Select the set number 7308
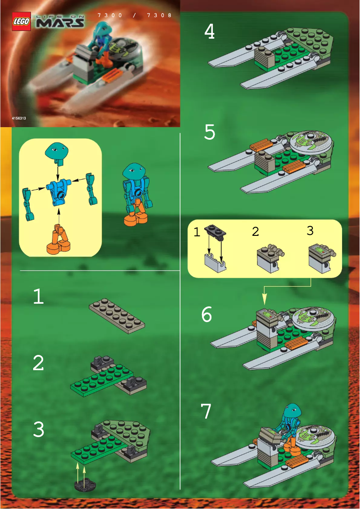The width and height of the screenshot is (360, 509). (159, 15)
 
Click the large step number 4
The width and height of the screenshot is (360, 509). (209, 32)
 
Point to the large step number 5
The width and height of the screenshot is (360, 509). (210, 132)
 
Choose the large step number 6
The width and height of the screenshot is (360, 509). (206, 314)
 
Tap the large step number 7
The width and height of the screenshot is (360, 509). (206, 411)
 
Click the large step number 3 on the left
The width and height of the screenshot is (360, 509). (39, 430)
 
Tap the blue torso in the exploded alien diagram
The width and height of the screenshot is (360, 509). (57, 190)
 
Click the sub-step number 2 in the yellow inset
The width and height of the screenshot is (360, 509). (255, 231)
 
